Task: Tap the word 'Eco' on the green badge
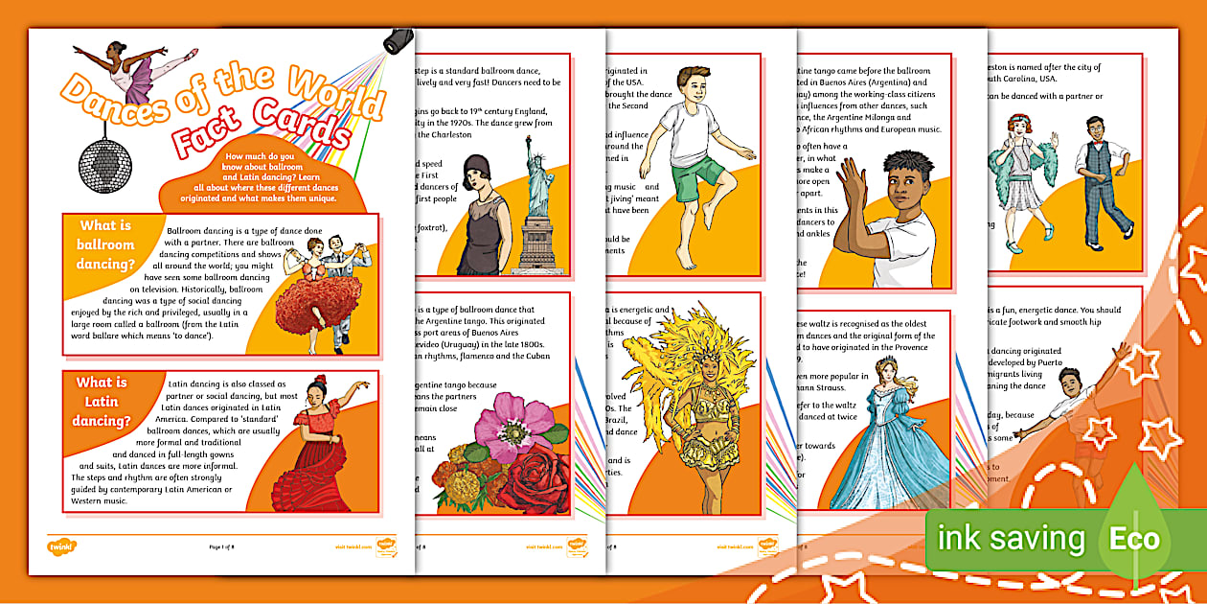(x=1135, y=538)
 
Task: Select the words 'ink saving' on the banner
(x=1012, y=539)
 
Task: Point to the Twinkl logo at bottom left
(x=62, y=546)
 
